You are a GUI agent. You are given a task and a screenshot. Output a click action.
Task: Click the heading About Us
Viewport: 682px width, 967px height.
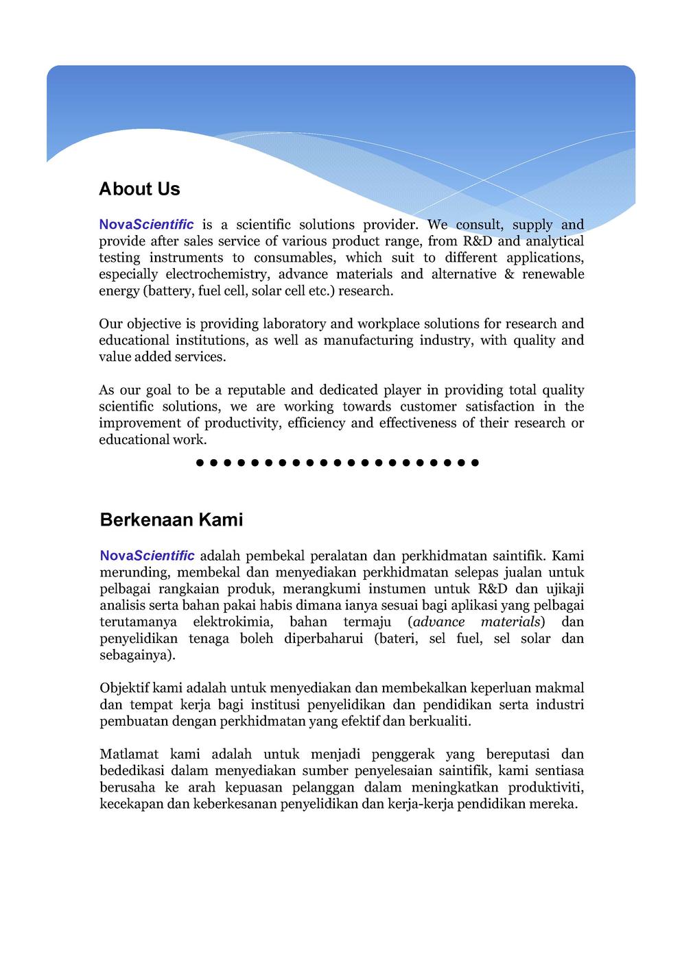pyautogui.click(x=139, y=189)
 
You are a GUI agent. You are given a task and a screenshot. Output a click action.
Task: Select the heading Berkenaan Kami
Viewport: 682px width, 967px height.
pyautogui.click(x=172, y=519)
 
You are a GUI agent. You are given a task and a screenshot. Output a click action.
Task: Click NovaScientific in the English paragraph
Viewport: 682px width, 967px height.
pyautogui.click(x=146, y=225)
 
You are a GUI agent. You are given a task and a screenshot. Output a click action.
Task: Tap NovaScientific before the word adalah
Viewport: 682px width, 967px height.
pyautogui.click(x=147, y=555)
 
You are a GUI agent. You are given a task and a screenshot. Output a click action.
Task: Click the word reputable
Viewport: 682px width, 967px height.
pyautogui.click(x=255, y=390)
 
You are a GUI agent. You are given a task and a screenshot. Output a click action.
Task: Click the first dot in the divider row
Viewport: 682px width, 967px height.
pyautogui.click(x=199, y=463)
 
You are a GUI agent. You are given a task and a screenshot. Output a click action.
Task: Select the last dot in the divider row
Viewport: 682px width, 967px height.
pyautogui.click(x=475, y=463)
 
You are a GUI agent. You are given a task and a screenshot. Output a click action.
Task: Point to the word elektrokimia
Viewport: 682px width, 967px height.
pyautogui.click(x=233, y=622)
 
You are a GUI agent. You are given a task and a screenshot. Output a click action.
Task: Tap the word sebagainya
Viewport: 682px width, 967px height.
pyautogui.click(x=137, y=654)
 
